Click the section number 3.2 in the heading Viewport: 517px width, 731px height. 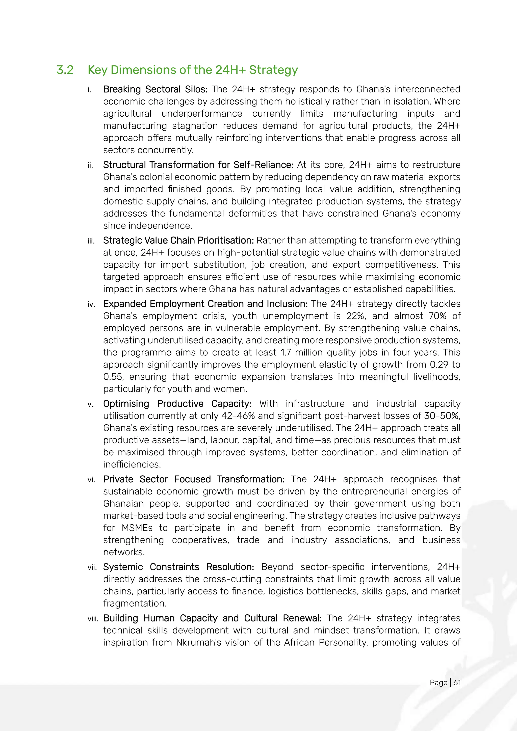65,70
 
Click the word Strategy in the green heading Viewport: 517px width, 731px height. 273,70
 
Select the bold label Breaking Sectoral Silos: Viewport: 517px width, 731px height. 155,89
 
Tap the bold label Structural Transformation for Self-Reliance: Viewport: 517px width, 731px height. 198,165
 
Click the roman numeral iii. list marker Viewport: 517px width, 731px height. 91,241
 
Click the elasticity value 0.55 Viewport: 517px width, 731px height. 113,377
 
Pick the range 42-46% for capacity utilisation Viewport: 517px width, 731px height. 238,416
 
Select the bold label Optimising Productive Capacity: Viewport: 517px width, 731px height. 177,404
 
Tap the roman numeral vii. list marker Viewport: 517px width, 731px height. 92,568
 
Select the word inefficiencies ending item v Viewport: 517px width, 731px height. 132,464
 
